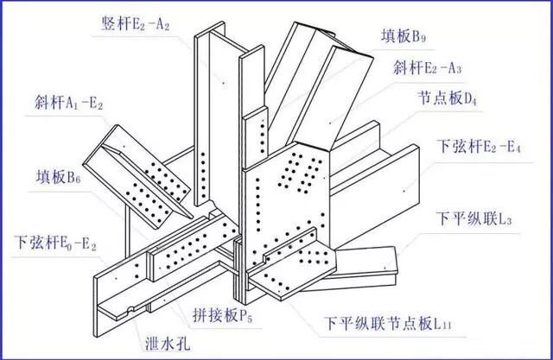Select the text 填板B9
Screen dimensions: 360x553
tap(404, 38)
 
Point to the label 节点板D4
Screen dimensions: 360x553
tap(448, 99)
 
